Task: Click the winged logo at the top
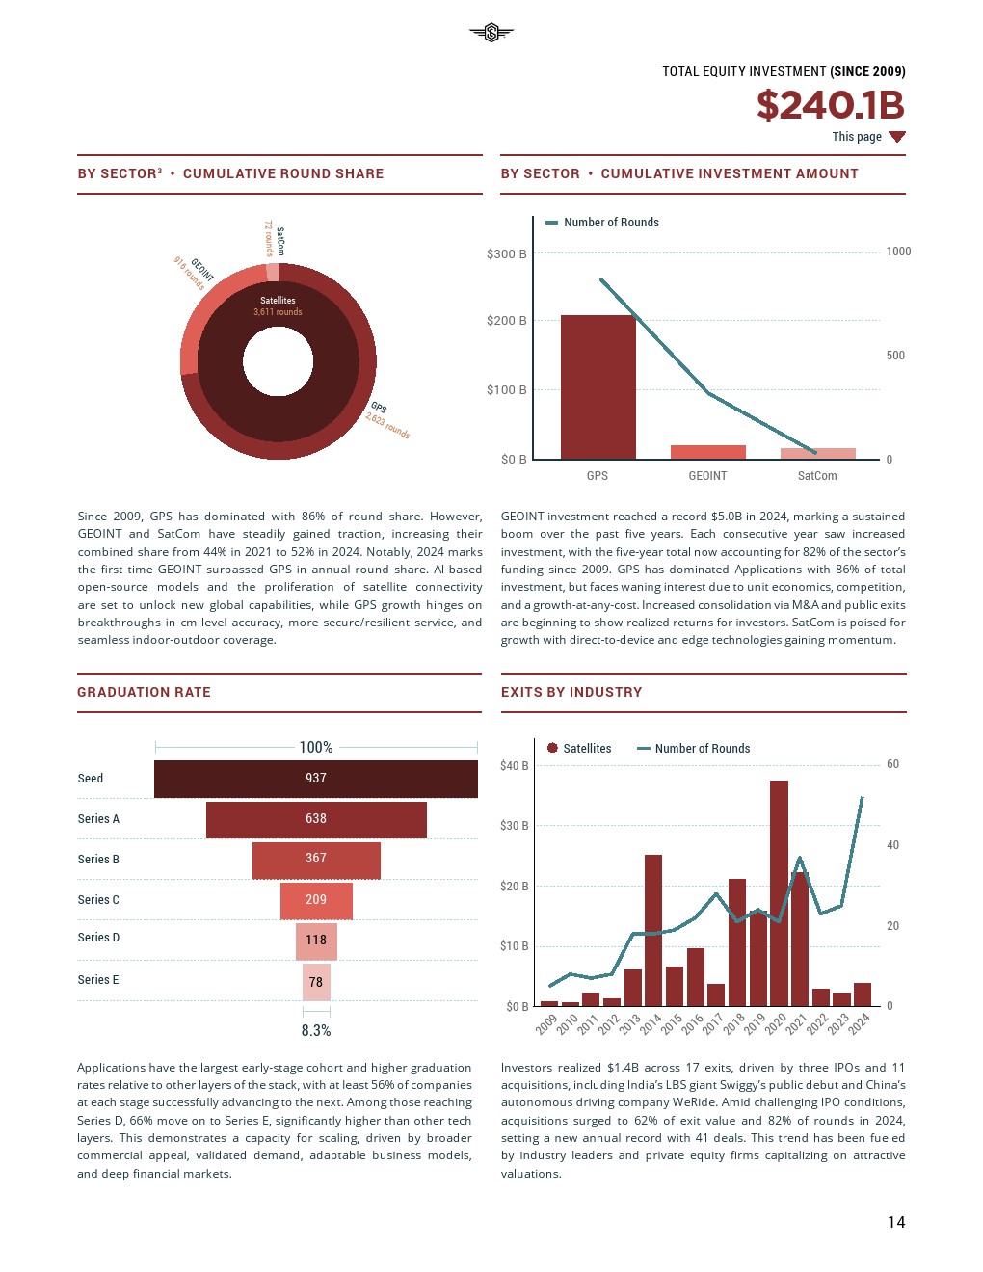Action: coord(491,33)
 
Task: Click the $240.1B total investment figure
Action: coord(830,105)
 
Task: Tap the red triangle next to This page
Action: coord(897,137)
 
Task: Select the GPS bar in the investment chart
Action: coord(598,387)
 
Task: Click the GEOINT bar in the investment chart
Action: coord(707,452)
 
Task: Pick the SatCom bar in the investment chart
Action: coord(817,454)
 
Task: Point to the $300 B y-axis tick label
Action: coord(506,254)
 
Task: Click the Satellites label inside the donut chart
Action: coord(278,301)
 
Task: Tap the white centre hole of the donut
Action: coord(278,362)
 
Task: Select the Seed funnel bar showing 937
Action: coord(316,779)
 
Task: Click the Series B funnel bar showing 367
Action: coord(316,860)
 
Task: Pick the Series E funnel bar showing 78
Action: coord(316,982)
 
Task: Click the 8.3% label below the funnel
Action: coord(316,1031)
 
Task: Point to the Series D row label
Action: coord(98,938)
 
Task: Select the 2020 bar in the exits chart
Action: coord(779,892)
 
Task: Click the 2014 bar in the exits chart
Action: coord(653,930)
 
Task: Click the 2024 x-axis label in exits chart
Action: coord(859,1022)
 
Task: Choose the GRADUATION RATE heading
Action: coord(144,692)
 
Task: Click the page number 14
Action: coord(896,1222)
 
